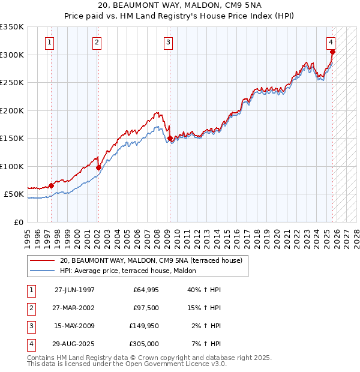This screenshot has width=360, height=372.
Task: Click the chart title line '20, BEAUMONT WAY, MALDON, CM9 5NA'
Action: click(x=180, y=6)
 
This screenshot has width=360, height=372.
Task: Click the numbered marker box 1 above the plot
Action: click(x=49, y=43)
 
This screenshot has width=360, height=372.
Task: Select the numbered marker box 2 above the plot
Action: click(x=97, y=43)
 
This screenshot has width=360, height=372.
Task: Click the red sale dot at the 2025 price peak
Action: click(x=332, y=52)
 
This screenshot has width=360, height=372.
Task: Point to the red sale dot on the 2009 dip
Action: click(x=170, y=139)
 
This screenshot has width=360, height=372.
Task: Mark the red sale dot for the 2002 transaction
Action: click(x=98, y=168)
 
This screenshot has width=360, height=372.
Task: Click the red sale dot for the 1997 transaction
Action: click(x=52, y=186)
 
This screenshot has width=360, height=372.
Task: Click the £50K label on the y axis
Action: click(x=14, y=194)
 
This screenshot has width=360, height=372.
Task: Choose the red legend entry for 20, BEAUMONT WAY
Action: click(x=151, y=260)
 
